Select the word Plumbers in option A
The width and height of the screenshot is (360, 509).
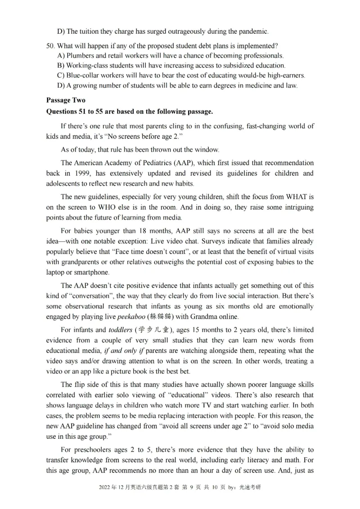(x=80, y=56)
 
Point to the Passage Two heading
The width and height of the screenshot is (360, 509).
(x=66, y=100)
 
